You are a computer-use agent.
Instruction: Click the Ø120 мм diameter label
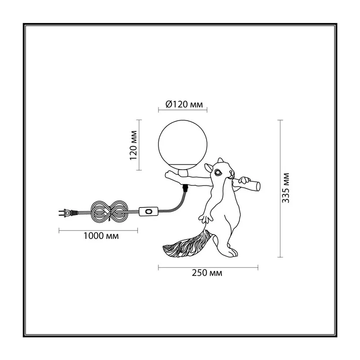(x=184, y=104)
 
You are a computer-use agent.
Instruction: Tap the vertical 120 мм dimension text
(x=133, y=145)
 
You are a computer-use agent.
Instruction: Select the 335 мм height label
(x=286, y=188)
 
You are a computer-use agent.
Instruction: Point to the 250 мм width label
(x=207, y=273)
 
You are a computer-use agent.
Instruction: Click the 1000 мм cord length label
(x=101, y=236)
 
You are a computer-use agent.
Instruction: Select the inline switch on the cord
(x=148, y=211)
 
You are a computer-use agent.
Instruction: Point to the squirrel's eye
(x=217, y=172)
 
